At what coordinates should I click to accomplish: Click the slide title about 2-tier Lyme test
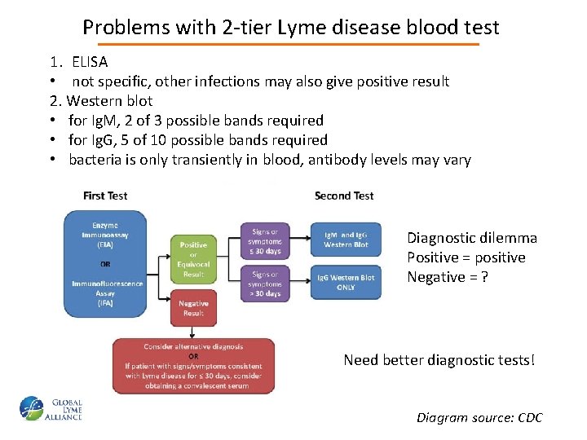pos(291,27)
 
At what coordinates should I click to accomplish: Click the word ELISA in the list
pos(89,61)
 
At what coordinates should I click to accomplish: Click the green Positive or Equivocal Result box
pos(193,258)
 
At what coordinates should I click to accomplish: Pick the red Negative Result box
pos(193,307)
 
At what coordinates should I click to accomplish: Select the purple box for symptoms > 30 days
pos(265,284)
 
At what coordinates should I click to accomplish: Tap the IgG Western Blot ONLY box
pos(346,282)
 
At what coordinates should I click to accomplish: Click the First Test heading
pos(105,196)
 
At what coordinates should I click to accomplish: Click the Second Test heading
pos(344,196)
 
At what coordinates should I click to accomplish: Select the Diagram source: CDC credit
pos(479,418)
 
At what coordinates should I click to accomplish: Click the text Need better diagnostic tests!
pos(439,359)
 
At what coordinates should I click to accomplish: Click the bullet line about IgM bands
pos(196,121)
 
